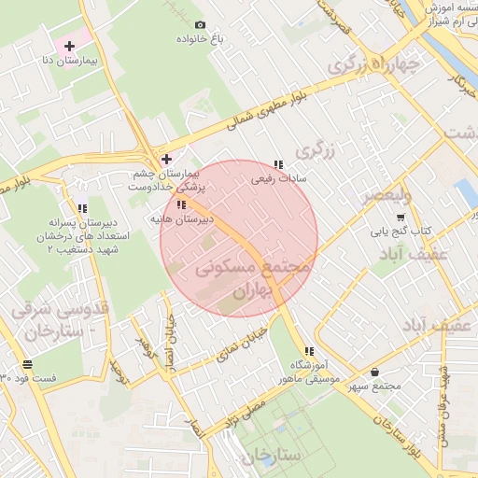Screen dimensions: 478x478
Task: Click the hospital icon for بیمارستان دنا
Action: pyautogui.click(x=69, y=46)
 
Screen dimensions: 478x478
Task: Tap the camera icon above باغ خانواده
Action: pyautogui.click(x=200, y=24)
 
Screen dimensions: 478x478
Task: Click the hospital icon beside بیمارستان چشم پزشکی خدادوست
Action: pyautogui.click(x=167, y=159)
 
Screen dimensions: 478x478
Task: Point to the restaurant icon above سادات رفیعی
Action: pyautogui.click(x=278, y=164)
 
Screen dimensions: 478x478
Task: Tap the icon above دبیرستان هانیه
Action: pyautogui.click(x=181, y=204)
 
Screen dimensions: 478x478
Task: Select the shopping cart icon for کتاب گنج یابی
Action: pyautogui.click(x=401, y=217)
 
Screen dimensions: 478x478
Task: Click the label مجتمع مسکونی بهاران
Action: pyautogui.click(x=252, y=279)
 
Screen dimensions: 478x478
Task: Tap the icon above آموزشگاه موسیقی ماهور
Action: pyautogui.click(x=309, y=351)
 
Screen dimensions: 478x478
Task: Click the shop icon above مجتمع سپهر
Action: pyautogui.click(x=374, y=372)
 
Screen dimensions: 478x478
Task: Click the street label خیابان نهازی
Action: pyautogui.click(x=247, y=340)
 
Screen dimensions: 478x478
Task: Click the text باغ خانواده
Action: pyautogui.click(x=200, y=40)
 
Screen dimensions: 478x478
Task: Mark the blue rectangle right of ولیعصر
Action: pyautogui.click(x=464, y=194)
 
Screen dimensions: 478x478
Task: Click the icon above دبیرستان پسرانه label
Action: pyautogui.click(x=82, y=208)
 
